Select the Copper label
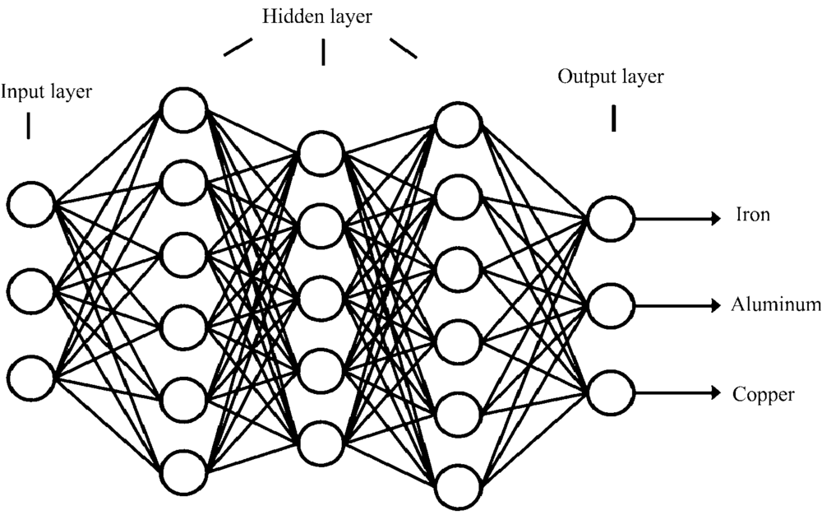point(764,394)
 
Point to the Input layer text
point(46,91)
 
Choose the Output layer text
point(611,77)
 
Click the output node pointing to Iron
point(610,218)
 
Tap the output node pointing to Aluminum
point(610,305)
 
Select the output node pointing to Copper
point(610,393)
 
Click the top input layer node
point(32,202)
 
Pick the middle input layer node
point(32,290)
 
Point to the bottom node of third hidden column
point(458,489)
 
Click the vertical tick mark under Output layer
point(613,119)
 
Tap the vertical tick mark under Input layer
point(29,126)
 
